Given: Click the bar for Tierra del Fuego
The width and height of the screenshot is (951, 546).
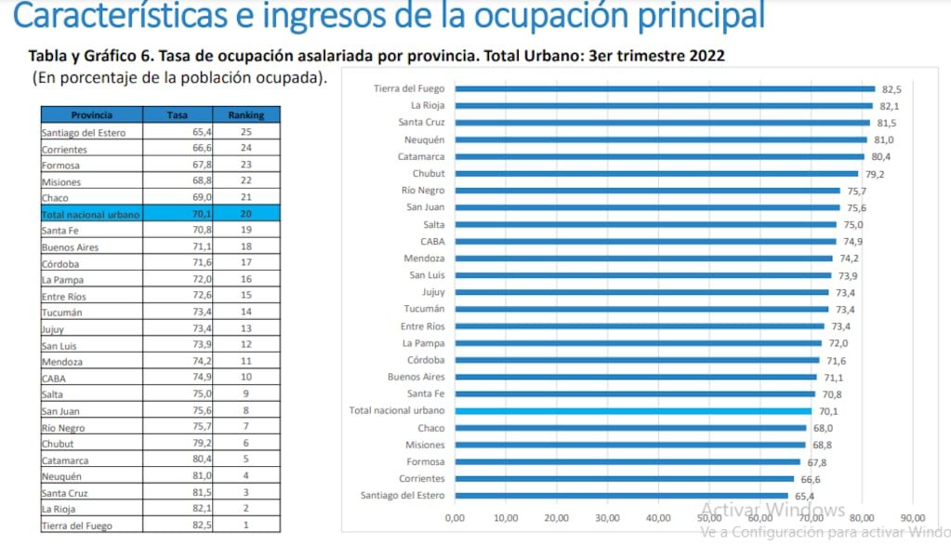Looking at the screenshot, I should coord(665,89).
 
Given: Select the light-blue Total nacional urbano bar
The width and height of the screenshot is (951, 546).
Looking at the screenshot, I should coord(633,411).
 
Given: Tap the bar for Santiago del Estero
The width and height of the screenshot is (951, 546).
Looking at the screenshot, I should coord(621,496).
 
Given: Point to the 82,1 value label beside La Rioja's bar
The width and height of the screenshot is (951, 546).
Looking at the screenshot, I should coord(891,106).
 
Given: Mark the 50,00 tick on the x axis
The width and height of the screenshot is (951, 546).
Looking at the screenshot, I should coord(709,518).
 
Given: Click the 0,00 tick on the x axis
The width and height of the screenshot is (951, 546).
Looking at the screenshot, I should coord(456,518).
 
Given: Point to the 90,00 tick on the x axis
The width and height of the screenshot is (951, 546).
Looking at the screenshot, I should coord(913,518).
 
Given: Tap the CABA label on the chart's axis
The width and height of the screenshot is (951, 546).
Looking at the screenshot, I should coord(432,242).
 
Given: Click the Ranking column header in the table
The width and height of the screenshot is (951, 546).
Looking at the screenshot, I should coord(246,115).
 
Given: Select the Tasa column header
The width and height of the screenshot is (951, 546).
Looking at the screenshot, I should coord(177,115).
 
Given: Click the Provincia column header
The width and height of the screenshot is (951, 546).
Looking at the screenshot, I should coord(91,115).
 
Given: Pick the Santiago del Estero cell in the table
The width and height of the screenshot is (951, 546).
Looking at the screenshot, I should coord(84,133).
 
